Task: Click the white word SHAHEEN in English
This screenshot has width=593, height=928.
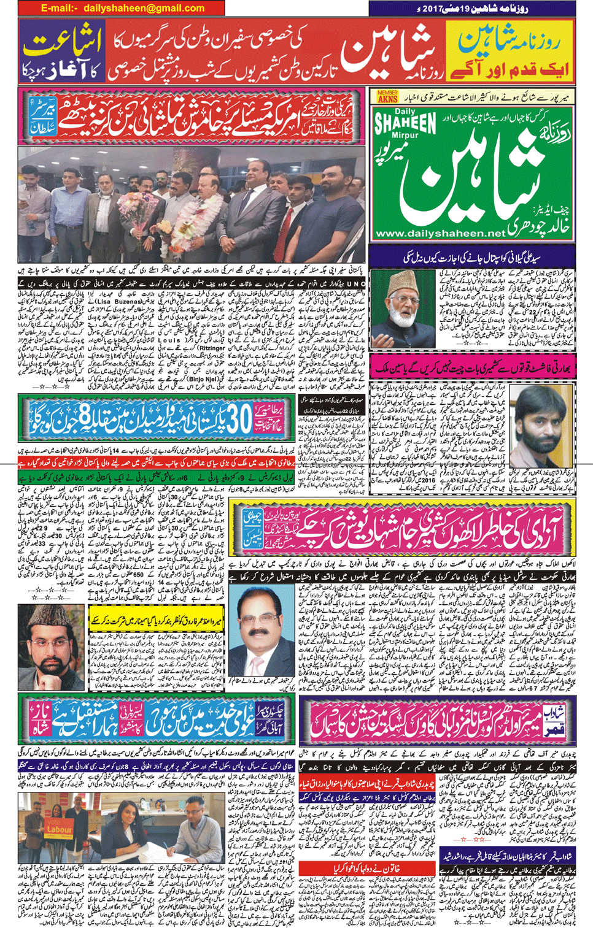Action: pyautogui.click(x=406, y=125)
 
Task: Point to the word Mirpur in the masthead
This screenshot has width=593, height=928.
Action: pyautogui.click(x=406, y=136)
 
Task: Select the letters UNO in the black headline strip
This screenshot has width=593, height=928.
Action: pyautogui.click(x=356, y=285)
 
